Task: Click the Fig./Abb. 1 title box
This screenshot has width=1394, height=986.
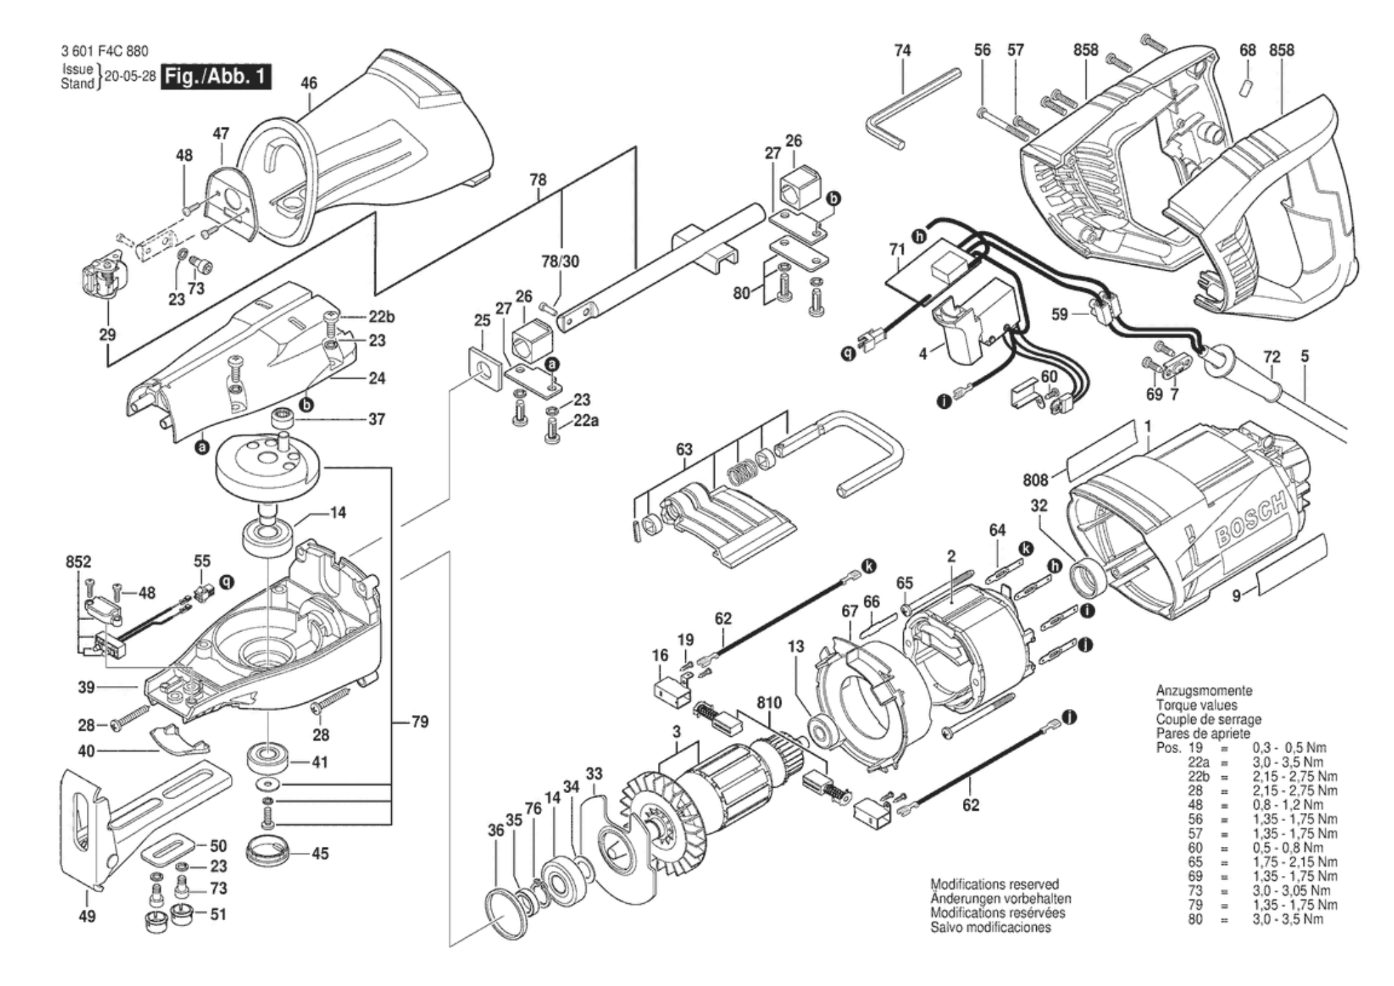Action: point(215,76)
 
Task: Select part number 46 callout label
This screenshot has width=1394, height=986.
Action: point(309,84)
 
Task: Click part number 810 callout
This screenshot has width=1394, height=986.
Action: point(769,704)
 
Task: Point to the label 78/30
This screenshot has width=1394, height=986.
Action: point(560,261)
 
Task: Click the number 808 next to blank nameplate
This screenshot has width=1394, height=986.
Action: point(1035,481)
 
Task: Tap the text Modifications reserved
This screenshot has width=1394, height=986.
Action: point(994,884)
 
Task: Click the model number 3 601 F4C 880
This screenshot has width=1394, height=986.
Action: point(104,52)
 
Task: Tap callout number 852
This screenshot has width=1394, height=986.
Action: point(78,562)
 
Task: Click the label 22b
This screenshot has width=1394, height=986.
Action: point(382,317)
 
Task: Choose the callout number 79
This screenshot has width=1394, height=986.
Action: point(420,722)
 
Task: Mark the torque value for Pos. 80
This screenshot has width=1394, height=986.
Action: point(1287,919)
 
